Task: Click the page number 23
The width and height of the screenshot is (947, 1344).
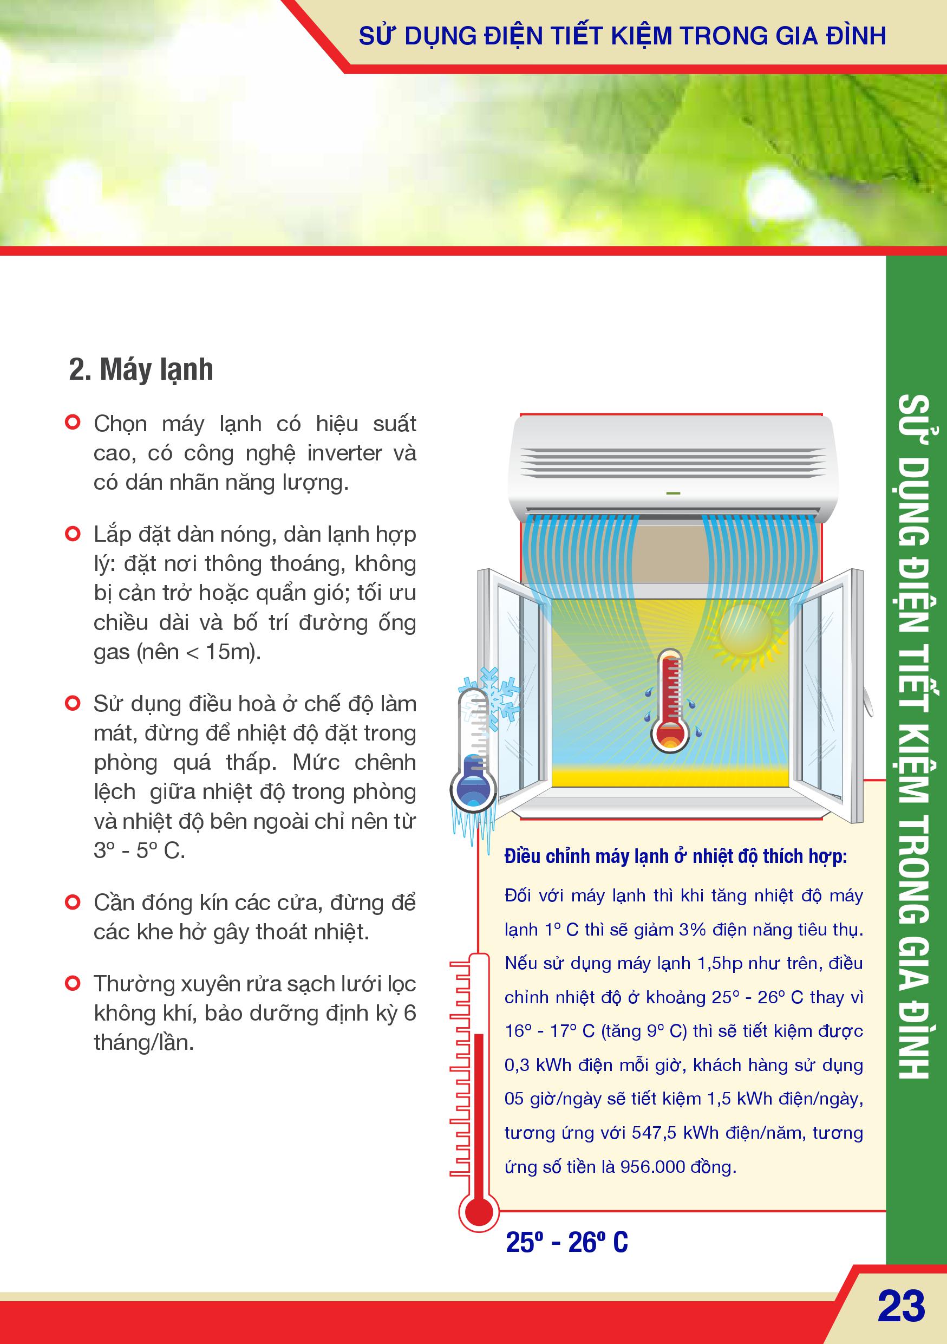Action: click(x=902, y=1306)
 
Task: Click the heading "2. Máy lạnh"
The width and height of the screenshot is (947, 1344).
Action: click(x=141, y=369)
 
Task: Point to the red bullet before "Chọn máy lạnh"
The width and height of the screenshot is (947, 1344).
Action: click(x=73, y=422)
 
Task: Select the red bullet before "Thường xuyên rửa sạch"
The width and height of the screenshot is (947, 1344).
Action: click(x=73, y=983)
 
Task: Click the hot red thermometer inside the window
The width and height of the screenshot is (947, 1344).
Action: click(x=670, y=700)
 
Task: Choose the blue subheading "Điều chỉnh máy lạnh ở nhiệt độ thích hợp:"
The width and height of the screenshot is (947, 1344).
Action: click(x=676, y=856)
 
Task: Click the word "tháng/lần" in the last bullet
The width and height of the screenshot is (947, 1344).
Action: click(x=144, y=1043)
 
